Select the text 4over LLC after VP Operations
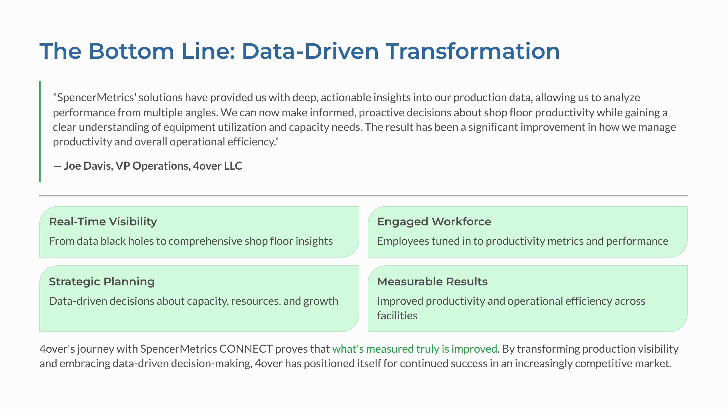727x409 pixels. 217,166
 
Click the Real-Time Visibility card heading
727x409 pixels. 103,222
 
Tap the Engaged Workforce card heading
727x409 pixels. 434,222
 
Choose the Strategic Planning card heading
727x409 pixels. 102,282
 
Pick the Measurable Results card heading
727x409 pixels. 432,282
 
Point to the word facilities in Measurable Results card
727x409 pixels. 397,316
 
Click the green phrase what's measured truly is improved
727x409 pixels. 414,349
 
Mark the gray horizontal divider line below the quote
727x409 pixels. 363,196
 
